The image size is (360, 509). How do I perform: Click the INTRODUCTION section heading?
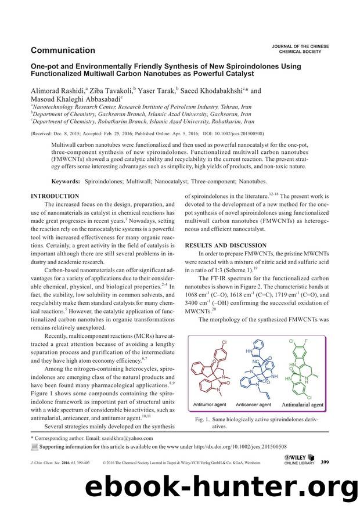[x=55, y=197]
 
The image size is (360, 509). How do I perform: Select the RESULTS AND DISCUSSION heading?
[x=225, y=246]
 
